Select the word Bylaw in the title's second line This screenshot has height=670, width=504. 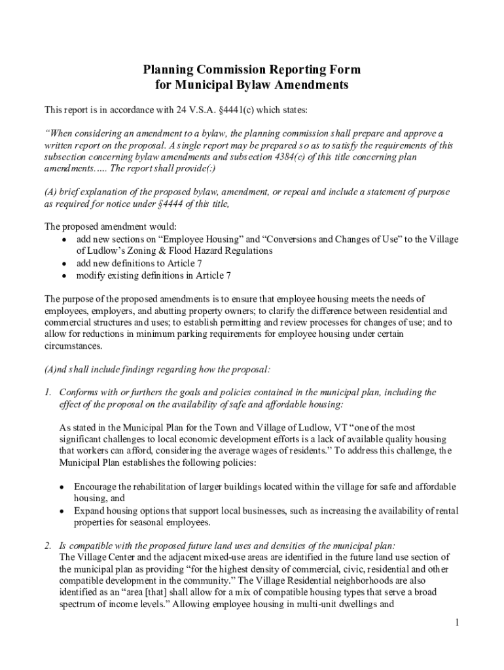click(x=279, y=85)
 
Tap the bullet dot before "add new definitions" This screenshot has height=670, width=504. click(x=64, y=263)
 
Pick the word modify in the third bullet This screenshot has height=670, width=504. click(x=90, y=275)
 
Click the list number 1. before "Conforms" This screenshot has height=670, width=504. click(x=48, y=393)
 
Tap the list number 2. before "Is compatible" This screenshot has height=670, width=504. click(x=48, y=545)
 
